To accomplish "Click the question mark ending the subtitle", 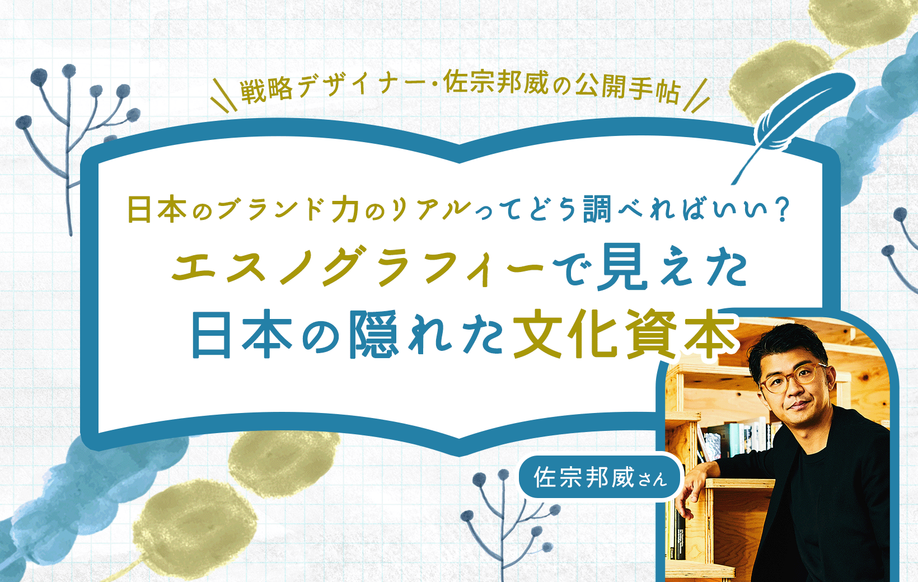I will (x=781, y=210).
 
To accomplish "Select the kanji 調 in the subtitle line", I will (x=596, y=210).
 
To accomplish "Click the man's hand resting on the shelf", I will (x=686, y=492).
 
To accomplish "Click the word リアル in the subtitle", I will (x=431, y=210).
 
